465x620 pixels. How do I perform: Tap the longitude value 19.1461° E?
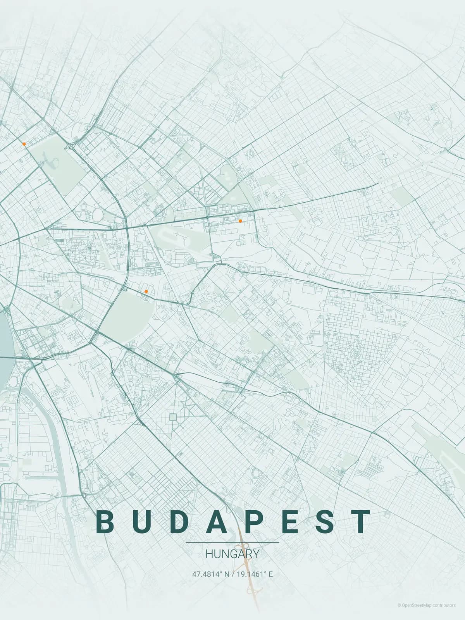(255, 574)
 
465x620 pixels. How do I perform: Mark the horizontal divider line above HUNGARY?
(232, 542)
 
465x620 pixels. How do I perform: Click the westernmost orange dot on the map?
(24, 144)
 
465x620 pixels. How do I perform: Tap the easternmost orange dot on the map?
(240, 221)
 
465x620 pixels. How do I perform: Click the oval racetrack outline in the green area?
(176, 240)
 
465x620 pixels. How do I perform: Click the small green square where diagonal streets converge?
(173, 417)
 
